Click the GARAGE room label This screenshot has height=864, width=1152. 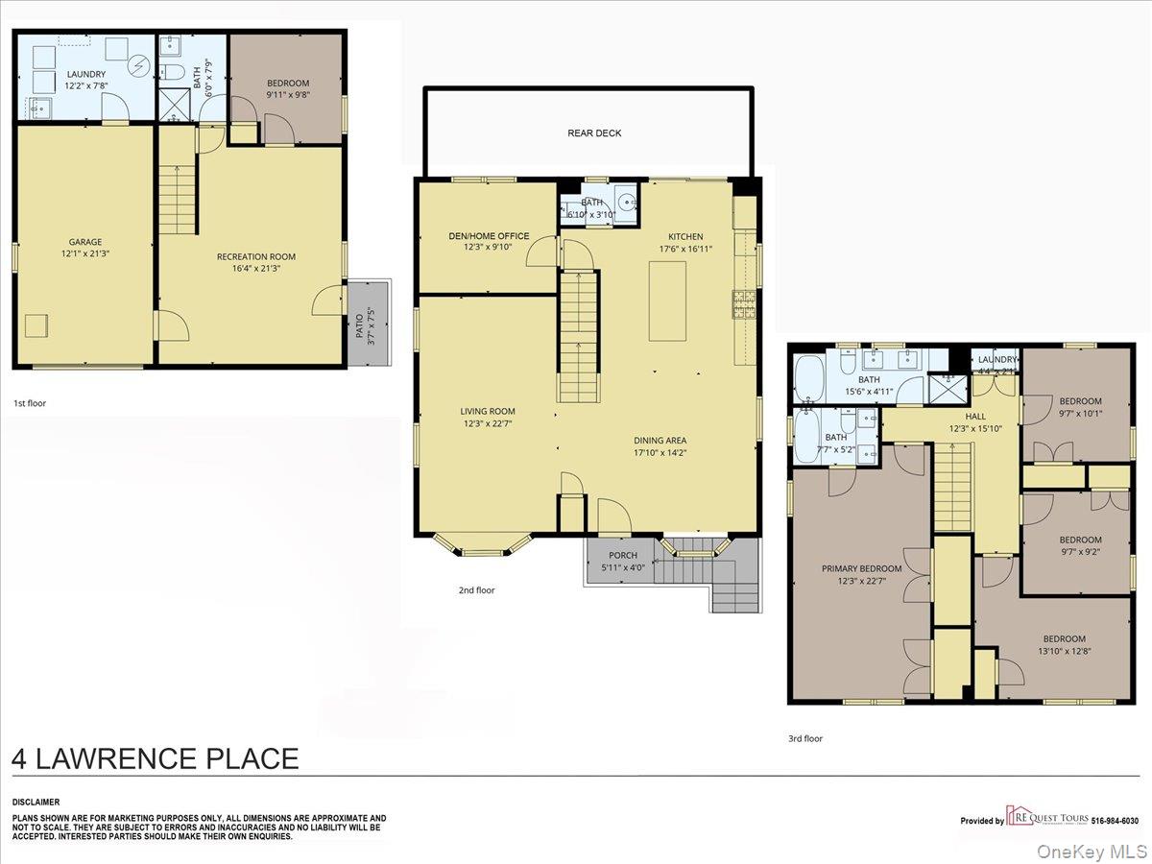point(84,242)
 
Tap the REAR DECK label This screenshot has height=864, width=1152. point(594,133)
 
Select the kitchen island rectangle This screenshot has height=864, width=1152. point(667,300)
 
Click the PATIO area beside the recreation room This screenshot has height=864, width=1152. point(370,322)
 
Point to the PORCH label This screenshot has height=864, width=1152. point(623,556)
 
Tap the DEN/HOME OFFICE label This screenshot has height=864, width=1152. point(489,236)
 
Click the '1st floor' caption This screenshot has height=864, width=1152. point(30,403)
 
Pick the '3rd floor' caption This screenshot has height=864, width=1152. point(805,738)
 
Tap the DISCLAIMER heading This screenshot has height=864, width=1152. point(36,802)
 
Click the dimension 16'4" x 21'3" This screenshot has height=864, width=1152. point(255,269)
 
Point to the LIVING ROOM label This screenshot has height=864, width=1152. point(489,411)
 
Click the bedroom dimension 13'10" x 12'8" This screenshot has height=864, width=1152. point(1065,652)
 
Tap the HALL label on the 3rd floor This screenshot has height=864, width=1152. point(975,417)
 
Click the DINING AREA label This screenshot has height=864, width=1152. point(660,441)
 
